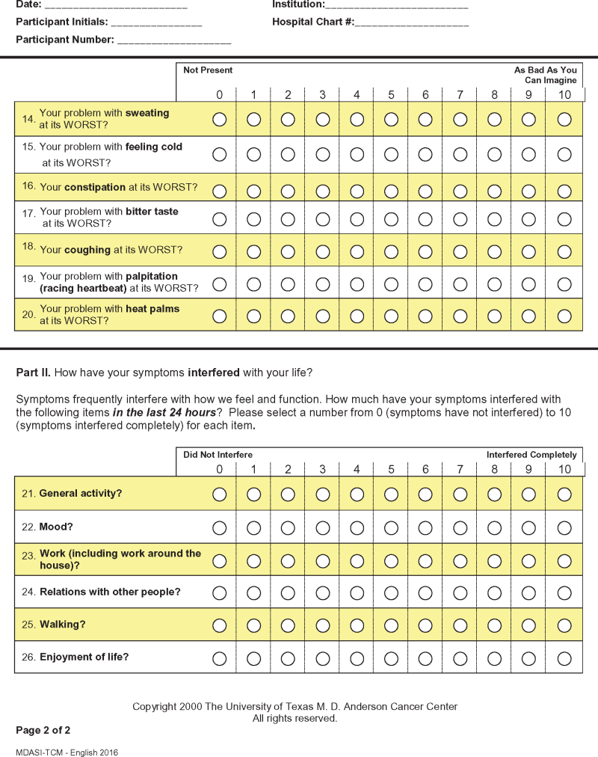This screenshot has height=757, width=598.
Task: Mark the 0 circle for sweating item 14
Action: [x=220, y=120]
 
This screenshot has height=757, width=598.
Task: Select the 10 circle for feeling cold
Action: [x=564, y=154]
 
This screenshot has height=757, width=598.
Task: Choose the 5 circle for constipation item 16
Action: [x=392, y=187]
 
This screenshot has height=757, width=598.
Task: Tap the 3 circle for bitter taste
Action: [x=323, y=219]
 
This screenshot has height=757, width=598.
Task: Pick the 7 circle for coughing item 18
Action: [x=460, y=251]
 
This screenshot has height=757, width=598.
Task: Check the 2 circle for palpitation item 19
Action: [x=289, y=284]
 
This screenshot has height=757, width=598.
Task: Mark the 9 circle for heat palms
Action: [x=529, y=316]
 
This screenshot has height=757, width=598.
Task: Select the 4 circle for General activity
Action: [x=357, y=494]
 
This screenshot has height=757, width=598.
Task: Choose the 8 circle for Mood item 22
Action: [x=495, y=527]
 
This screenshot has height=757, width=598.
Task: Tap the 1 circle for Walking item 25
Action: [x=254, y=625]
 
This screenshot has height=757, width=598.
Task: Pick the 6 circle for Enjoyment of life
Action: [x=425, y=658]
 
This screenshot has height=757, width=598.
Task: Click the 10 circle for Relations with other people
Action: [x=564, y=592]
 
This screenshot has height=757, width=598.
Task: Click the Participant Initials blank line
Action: [x=156, y=23]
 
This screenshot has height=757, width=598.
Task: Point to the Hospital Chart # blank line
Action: [x=412, y=23]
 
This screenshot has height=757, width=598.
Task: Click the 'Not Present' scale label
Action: [x=208, y=70]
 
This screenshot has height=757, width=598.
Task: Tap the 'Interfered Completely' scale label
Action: [x=531, y=455]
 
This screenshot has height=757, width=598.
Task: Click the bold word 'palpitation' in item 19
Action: [x=152, y=277]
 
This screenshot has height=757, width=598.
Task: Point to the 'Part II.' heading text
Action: [x=34, y=372]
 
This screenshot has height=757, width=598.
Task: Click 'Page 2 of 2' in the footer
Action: [x=43, y=730]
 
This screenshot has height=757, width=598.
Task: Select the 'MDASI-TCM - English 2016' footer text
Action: [x=67, y=753]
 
